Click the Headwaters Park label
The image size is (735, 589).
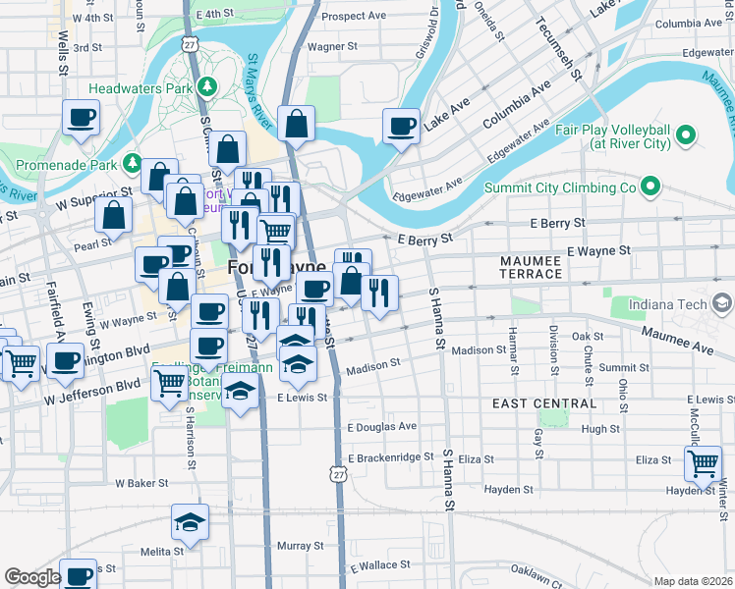[x=139, y=87]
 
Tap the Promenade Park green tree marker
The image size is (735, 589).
[x=134, y=162]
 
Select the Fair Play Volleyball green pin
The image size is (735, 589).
[x=686, y=134]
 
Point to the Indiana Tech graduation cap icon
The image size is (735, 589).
[x=723, y=303]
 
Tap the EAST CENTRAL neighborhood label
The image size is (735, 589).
[x=543, y=403]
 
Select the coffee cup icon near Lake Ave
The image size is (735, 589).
[x=401, y=126]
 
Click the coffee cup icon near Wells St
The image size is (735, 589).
[x=81, y=118]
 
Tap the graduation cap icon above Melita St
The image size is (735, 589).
[x=190, y=521]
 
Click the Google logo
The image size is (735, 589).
[x=32, y=577]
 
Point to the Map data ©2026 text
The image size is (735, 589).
[x=692, y=580]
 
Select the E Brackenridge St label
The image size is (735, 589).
[x=390, y=456]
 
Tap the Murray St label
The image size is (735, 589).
[x=300, y=545]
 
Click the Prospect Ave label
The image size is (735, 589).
[x=354, y=16]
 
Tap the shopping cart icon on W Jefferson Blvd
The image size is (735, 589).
[x=168, y=384]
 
